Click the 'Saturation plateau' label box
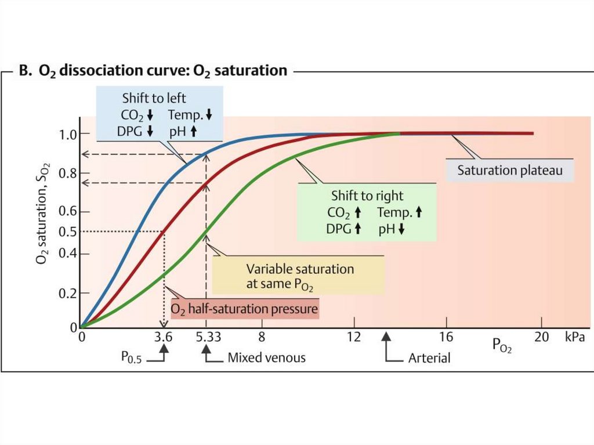click(x=510, y=171)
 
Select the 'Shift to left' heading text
click(x=154, y=99)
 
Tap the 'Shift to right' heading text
click(x=367, y=196)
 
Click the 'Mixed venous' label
click(x=266, y=357)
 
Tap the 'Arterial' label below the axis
click(x=429, y=357)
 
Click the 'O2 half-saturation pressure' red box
click(x=244, y=307)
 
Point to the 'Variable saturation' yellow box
click(x=299, y=276)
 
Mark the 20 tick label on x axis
click(x=541, y=337)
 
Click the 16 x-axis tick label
click(x=446, y=337)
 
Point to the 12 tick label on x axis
click(x=354, y=337)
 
